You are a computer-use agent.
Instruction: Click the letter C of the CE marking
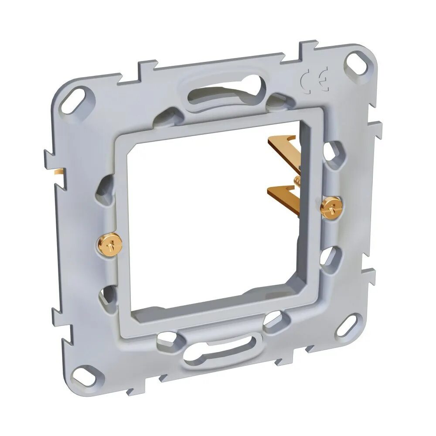coord(307,80)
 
